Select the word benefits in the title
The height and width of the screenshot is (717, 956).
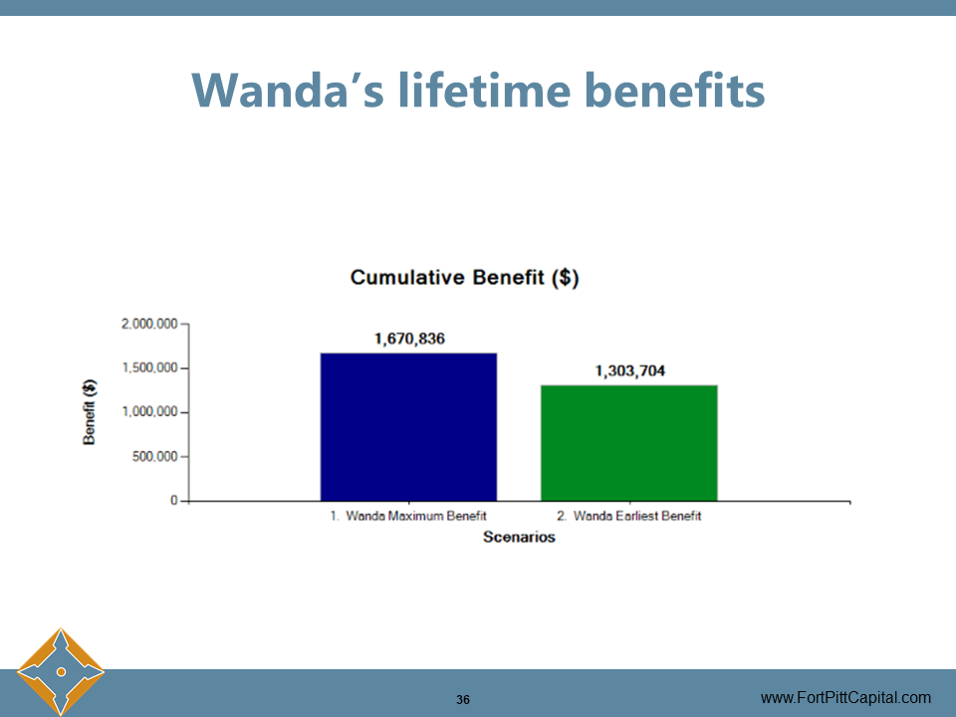[676, 91]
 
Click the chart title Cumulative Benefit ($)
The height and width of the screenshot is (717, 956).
[464, 278]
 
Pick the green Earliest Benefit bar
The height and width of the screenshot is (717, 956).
[628, 442]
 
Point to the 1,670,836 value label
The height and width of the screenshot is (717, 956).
[409, 339]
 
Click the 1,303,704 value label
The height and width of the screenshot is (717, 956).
[630, 371]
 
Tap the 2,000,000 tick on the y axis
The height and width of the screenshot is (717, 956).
[149, 324]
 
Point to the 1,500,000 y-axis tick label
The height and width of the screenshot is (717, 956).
[149, 368]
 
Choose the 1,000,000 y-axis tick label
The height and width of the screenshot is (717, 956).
[149, 412]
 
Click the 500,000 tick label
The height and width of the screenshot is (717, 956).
[155, 457]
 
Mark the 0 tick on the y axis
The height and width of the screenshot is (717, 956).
[173, 501]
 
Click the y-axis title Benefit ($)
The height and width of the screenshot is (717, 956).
[90, 412]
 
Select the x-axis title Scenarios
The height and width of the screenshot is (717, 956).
[519, 538]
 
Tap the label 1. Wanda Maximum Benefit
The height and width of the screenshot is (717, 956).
[408, 517]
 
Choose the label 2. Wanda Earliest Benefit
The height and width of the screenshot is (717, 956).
[628, 517]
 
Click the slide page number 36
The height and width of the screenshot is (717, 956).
[463, 700]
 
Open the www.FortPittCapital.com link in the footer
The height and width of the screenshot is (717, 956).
[845, 698]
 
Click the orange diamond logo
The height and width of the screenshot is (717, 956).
[61, 671]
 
